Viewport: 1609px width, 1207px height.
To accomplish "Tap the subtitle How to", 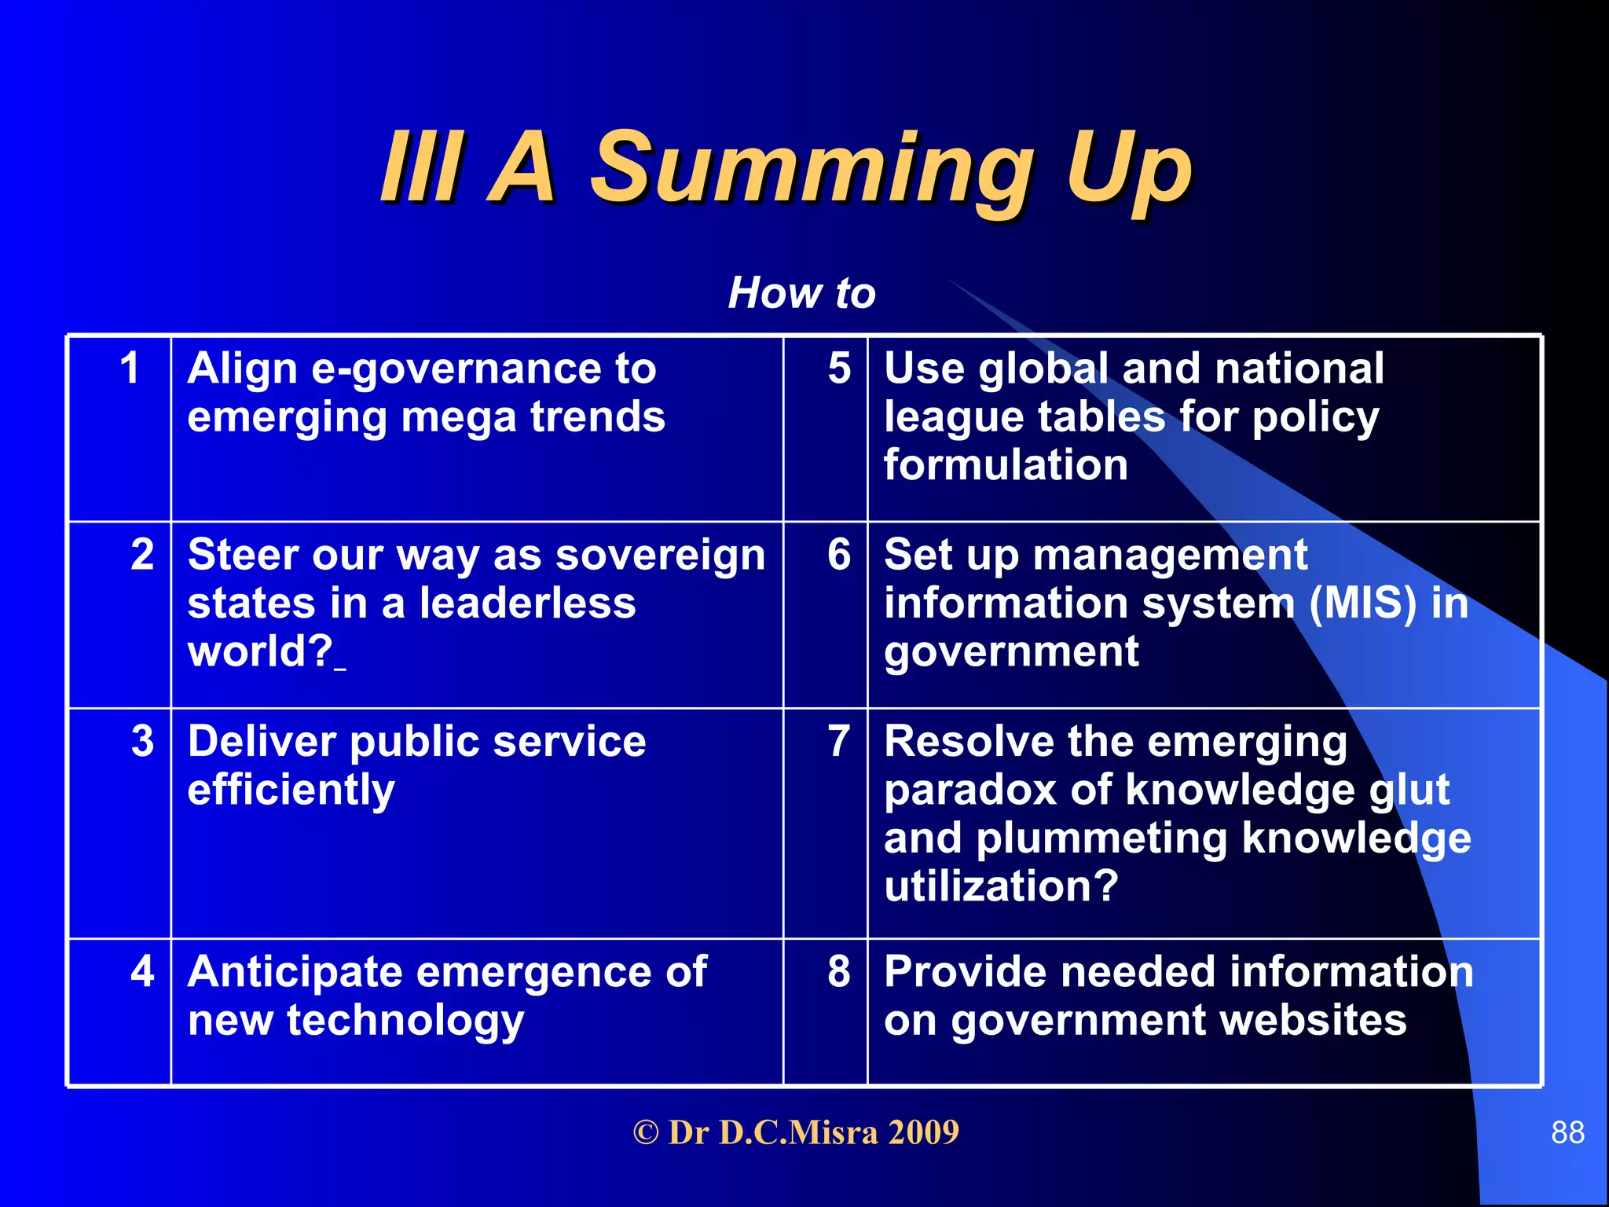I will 801,293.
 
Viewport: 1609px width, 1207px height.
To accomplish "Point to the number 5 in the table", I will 839,368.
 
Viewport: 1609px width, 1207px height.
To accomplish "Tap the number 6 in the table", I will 839,554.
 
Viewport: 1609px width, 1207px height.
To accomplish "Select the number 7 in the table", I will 839,740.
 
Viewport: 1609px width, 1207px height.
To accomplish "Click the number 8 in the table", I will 839,970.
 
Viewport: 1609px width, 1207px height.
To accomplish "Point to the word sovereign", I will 660,556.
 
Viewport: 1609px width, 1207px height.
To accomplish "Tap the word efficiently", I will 291,791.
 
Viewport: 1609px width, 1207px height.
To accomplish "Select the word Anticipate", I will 295,973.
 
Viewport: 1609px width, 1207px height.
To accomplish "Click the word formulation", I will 1006,465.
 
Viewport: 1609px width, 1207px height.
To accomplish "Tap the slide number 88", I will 1567,1132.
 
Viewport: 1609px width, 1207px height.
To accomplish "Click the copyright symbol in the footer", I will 645,1133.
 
